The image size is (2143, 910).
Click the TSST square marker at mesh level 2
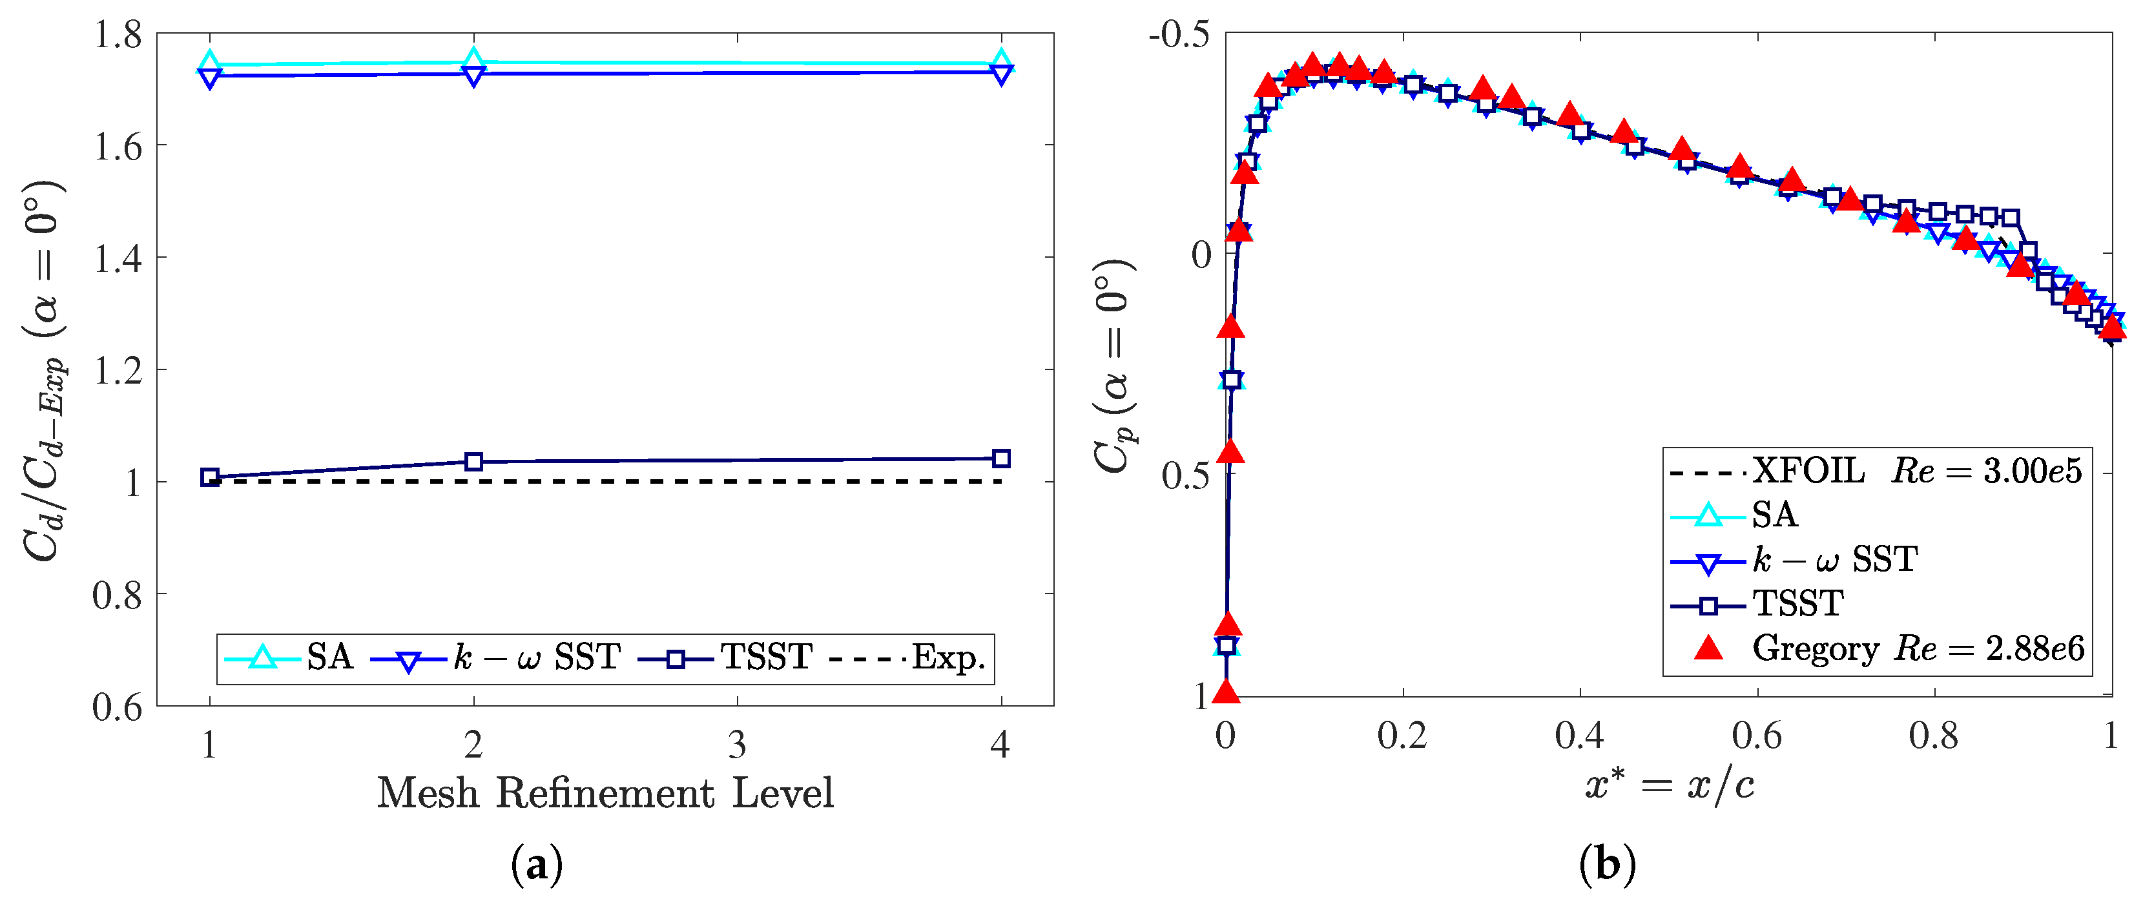473,462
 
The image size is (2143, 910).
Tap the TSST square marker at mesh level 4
1002,459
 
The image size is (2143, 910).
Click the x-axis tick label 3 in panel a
737,745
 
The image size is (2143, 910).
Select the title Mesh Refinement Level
605,792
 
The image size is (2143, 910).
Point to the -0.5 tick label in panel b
1178,37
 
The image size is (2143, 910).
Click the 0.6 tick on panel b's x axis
1756,736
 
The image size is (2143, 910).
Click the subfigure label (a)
537,865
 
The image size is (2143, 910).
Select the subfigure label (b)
1607,865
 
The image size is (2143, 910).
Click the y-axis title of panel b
1113,366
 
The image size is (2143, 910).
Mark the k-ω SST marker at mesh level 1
210,78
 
